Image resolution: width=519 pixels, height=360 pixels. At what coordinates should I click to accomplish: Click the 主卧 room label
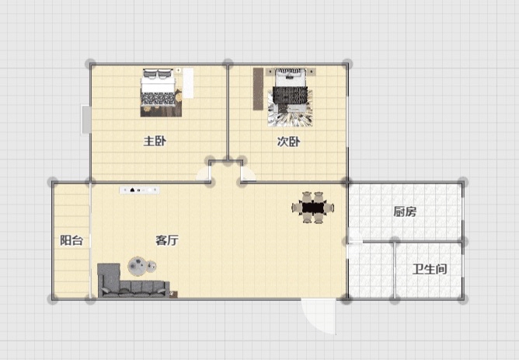point(155,142)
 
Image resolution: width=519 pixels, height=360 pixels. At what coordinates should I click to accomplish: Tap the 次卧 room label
point(288,142)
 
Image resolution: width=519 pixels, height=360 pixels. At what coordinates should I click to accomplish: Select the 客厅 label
point(167,240)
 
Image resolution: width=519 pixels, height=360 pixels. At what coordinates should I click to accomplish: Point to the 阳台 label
point(71,240)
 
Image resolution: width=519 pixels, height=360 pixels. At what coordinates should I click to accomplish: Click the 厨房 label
point(405,211)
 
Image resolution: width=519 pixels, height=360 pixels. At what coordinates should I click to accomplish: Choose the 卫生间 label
point(430,269)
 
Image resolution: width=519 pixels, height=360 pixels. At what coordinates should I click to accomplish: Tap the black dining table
point(313,208)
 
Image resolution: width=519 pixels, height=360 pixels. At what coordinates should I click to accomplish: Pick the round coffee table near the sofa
point(138,266)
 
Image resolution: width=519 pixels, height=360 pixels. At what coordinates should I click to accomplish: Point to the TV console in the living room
point(139,190)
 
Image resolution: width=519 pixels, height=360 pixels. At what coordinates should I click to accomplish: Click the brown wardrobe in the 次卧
point(258,89)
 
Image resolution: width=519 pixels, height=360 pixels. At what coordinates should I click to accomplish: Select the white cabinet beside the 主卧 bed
point(188,82)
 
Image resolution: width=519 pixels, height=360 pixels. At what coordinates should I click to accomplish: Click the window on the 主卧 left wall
point(86,120)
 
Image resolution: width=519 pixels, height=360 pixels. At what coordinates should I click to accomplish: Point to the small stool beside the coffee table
point(152,266)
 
